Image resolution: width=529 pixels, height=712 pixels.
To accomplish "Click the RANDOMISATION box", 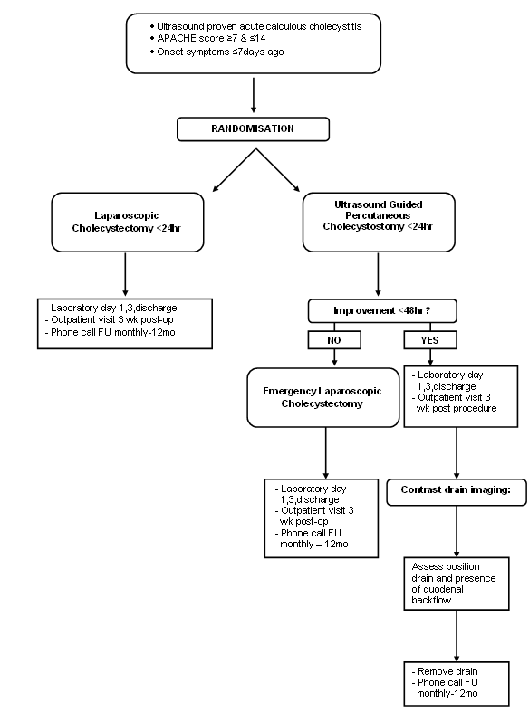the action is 253,129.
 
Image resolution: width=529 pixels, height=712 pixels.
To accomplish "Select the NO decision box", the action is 334,340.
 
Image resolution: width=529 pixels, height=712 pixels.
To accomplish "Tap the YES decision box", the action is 430,340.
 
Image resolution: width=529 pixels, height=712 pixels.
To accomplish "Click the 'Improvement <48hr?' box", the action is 382,310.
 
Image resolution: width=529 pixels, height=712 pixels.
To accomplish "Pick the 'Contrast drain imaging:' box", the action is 457,492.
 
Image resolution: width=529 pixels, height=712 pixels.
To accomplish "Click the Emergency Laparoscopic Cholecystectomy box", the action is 323,397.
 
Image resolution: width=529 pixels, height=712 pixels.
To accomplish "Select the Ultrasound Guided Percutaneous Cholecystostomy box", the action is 379,222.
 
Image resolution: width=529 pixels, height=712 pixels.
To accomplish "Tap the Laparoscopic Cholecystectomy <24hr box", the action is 127,222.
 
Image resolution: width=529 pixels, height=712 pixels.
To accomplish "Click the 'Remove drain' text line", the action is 447,671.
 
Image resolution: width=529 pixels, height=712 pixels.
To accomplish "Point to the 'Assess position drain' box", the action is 457,584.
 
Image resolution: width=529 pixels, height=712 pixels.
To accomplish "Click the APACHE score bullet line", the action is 207,38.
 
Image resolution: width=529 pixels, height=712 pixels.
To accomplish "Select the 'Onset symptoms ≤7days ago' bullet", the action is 216,52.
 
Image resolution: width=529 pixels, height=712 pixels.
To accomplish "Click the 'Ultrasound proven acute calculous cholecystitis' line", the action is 255,26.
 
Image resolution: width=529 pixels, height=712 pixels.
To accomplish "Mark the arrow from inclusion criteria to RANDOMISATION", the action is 254,95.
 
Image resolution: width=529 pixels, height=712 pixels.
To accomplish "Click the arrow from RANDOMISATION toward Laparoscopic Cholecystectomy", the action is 235,170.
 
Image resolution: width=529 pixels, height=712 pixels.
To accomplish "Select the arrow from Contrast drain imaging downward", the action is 457,532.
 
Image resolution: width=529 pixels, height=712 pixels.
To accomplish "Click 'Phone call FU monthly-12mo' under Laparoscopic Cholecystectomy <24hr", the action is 110,332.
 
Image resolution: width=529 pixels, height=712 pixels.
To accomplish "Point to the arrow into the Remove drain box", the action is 457,636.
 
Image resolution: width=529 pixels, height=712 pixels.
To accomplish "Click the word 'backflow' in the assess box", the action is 431,600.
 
